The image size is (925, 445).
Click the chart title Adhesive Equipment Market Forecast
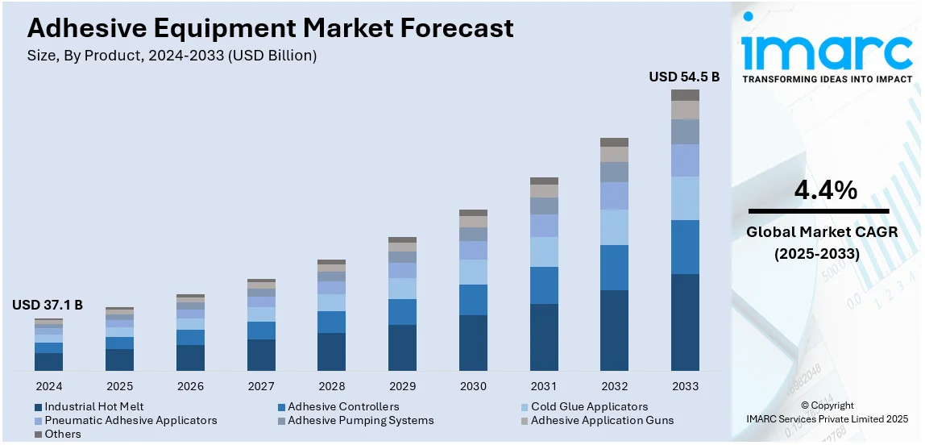[x=270, y=28]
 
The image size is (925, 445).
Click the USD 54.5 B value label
[x=684, y=77]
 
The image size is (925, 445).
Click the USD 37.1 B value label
[x=48, y=306]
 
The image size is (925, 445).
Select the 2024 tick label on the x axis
[x=48, y=386]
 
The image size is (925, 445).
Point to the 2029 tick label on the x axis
[x=402, y=386]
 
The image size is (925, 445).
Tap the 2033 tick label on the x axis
[x=685, y=386]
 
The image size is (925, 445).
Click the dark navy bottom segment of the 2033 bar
[x=685, y=322]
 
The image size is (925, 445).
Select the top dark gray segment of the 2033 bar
[x=685, y=95]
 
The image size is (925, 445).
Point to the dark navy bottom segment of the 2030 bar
[x=473, y=343]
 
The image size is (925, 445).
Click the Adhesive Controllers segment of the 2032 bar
[x=614, y=268]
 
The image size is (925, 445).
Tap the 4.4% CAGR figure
[x=825, y=190]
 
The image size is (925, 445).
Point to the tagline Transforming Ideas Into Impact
[x=827, y=79]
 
